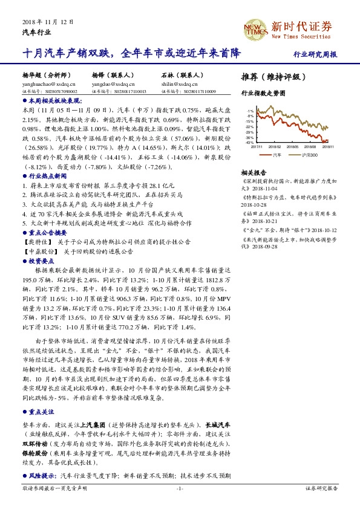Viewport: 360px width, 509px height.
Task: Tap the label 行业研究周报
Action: point(315,54)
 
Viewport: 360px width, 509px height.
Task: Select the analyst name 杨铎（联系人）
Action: point(113,77)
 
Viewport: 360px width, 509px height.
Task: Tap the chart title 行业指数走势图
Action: point(263,94)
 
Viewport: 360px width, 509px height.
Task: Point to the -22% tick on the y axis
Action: point(250,127)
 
